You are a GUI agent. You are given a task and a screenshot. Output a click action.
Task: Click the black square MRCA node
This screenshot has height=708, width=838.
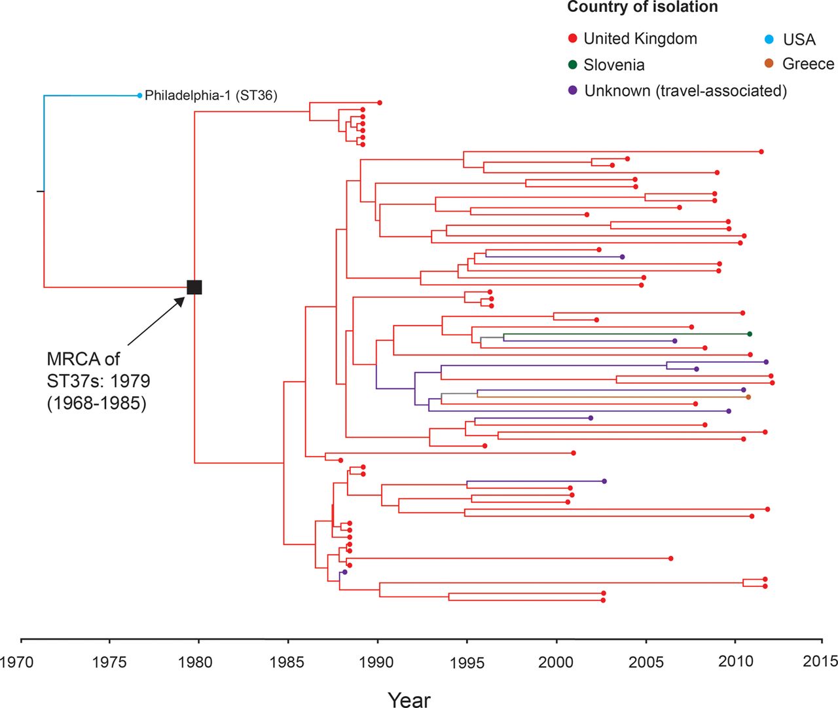coord(194,287)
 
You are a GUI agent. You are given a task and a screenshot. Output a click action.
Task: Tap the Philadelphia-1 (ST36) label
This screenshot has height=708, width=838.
coord(211,96)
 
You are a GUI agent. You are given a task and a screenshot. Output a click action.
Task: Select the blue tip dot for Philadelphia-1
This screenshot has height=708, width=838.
coord(139,96)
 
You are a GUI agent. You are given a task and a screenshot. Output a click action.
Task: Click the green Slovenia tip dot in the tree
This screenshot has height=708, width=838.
coord(750,334)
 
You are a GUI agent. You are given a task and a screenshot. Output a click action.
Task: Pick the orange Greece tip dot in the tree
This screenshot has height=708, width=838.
coord(748,397)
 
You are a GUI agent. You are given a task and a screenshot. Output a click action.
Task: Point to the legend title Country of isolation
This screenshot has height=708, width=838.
coord(642,7)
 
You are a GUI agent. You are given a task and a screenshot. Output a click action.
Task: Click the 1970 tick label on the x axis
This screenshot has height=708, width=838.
coord(17,661)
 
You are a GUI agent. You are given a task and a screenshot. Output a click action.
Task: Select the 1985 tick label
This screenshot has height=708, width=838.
coord(287,661)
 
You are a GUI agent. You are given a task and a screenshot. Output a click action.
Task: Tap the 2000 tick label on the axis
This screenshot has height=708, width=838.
coord(556,661)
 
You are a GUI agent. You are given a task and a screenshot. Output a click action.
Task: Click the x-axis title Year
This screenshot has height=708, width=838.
coord(409,699)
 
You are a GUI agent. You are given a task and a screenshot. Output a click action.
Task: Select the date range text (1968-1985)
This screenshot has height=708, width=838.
coord(96,403)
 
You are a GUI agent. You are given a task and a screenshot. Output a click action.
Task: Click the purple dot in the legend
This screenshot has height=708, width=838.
coord(573,90)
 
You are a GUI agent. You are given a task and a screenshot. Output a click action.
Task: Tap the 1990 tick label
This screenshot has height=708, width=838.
coord(376,661)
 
